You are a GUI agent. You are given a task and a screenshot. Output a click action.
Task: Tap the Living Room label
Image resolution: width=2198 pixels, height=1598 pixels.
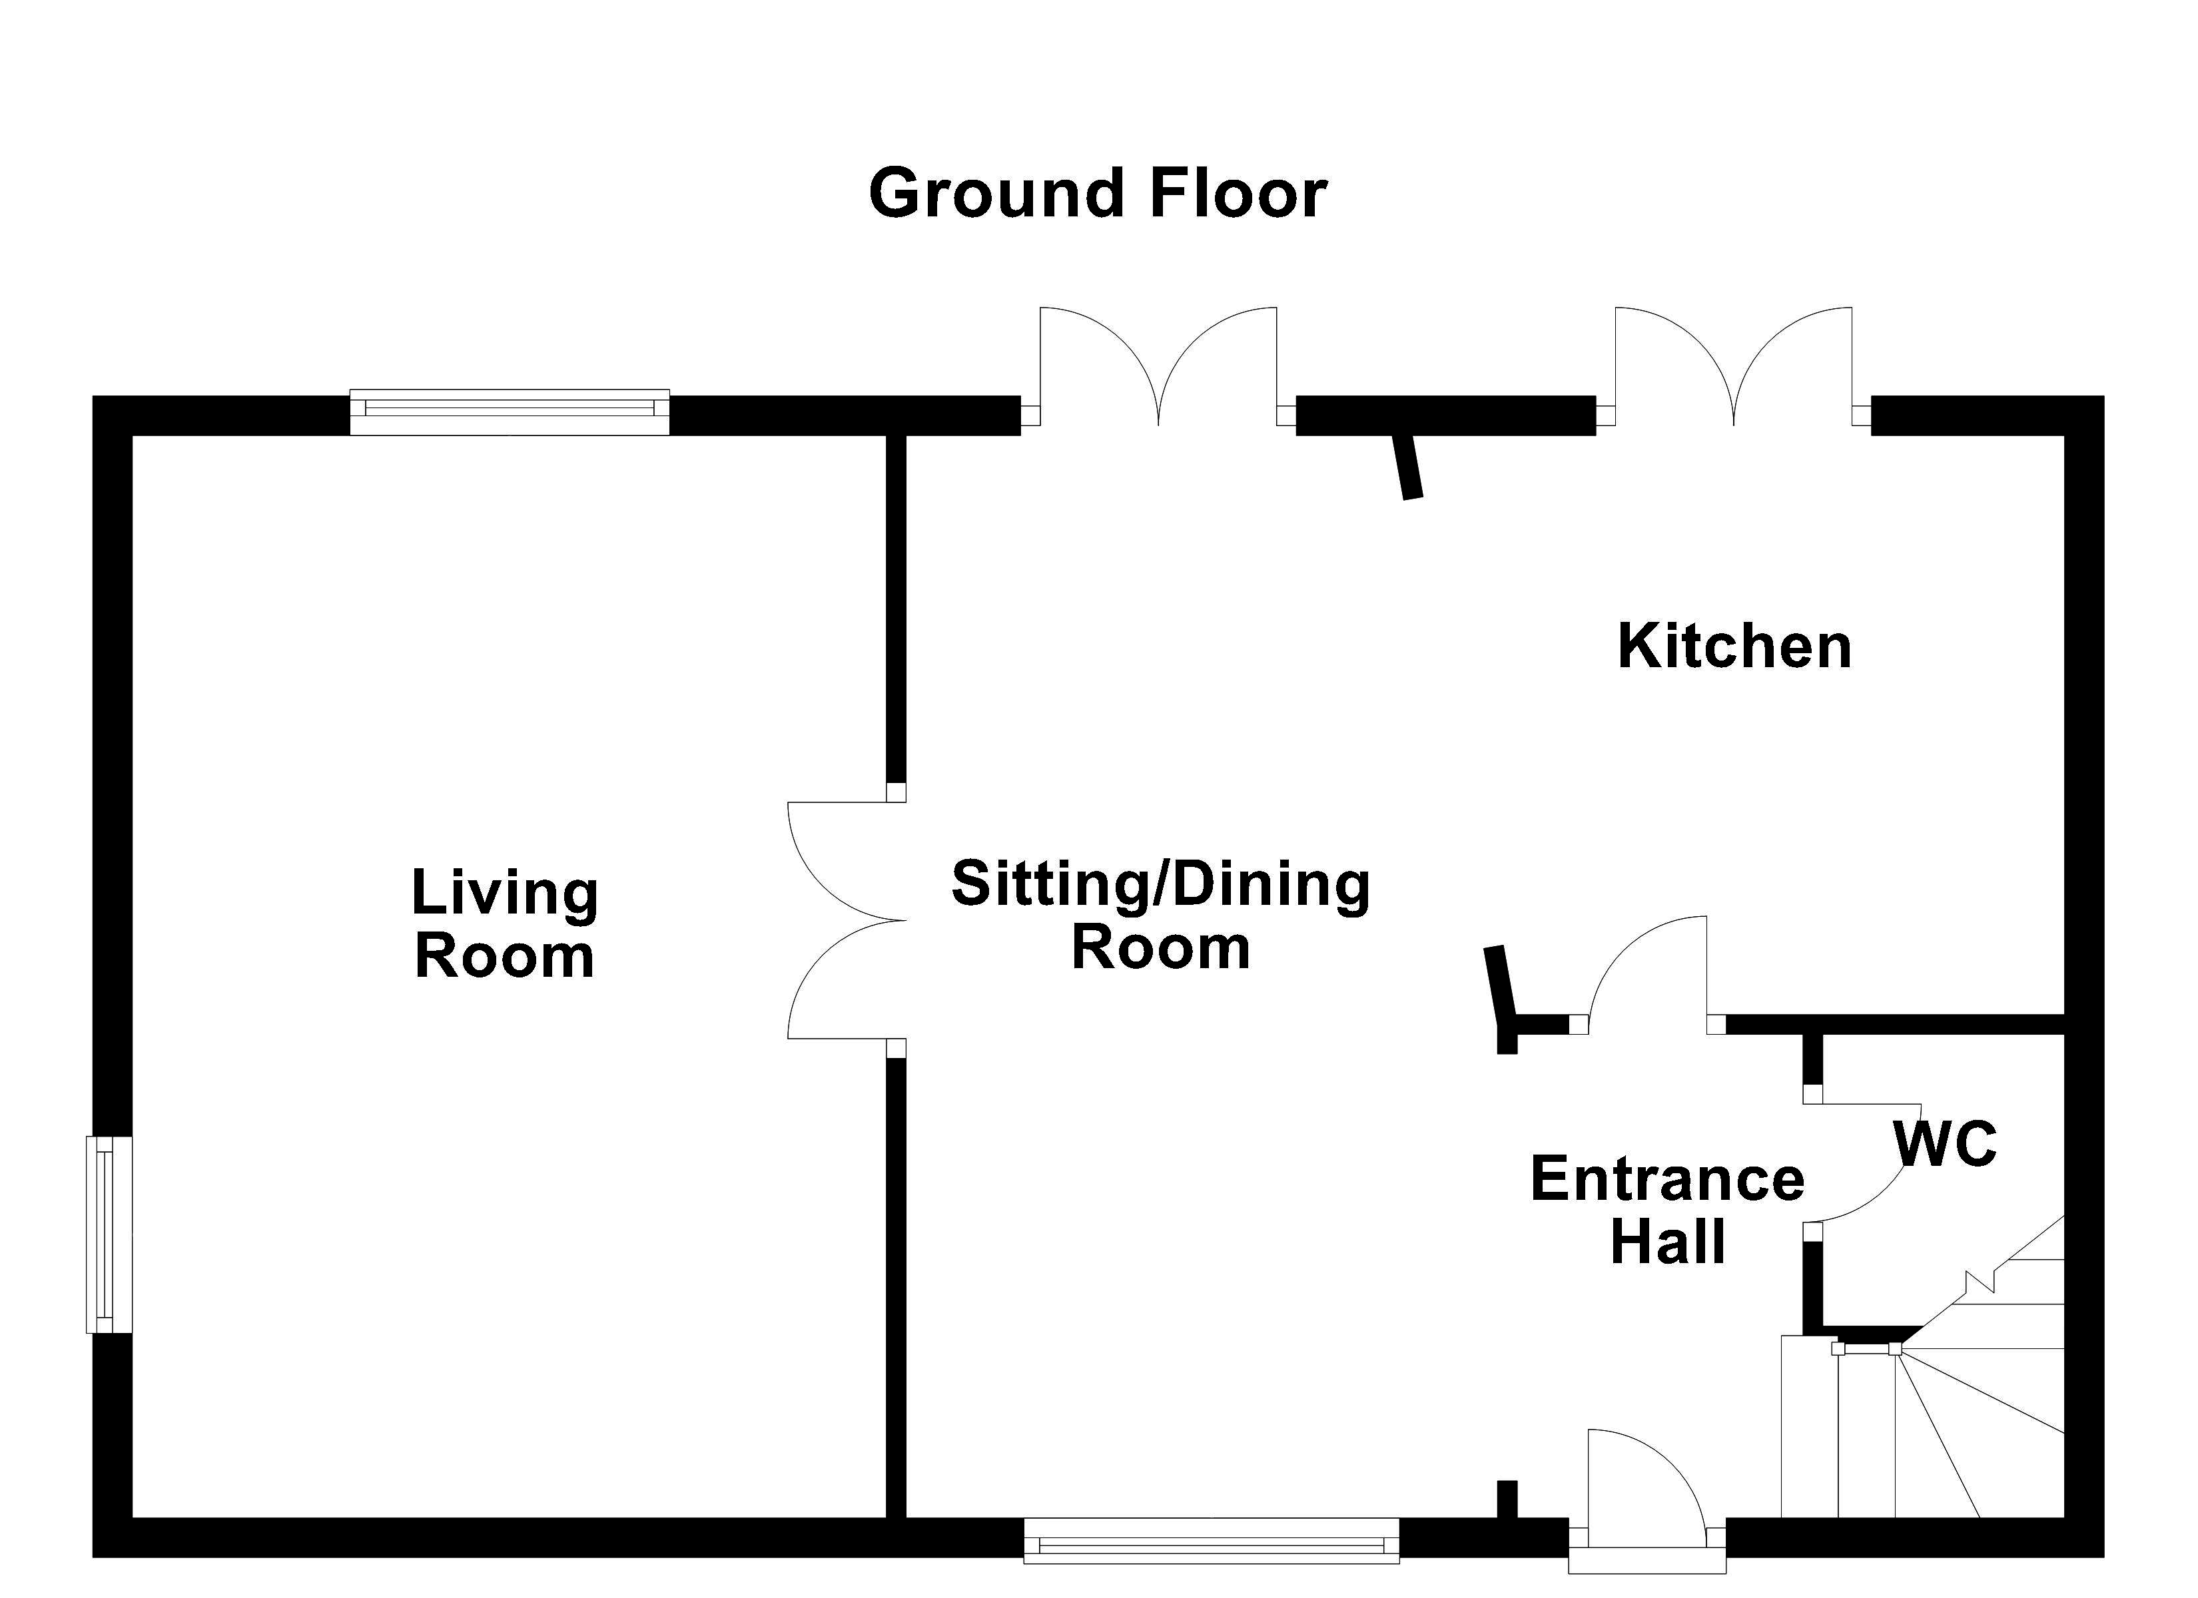(x=505, y=924)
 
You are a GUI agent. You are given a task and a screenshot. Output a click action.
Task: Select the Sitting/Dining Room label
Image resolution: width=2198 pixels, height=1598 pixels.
(x=1160, y=915)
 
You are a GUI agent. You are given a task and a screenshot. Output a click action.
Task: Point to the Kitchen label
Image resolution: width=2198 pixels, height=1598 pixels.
(x=1734, y=647)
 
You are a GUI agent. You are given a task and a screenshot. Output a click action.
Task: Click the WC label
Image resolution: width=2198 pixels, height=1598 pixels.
(x=1945, y=1143)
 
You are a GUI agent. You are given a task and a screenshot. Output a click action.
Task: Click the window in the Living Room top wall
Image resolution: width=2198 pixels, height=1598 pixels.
(x=510, y=412)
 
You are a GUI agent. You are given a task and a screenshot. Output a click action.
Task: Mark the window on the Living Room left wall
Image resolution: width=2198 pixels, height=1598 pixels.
(x=109, y=1234)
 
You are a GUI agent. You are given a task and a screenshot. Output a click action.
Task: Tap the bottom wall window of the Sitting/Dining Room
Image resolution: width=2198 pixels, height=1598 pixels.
(x=1212, y=1540)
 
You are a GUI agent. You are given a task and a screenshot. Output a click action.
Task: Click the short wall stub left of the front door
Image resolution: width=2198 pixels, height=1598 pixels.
(x=1507, y=1499)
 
